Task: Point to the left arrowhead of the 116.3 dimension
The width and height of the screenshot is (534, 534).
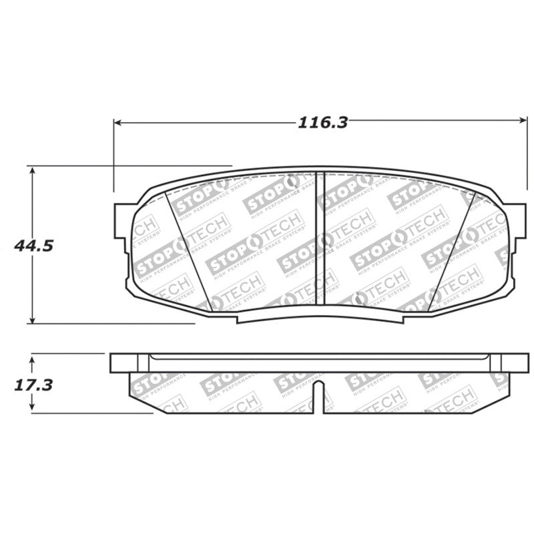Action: point(118,122)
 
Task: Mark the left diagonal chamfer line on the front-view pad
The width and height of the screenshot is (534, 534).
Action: point(194,254)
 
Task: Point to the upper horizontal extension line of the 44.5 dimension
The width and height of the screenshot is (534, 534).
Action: point(133,166)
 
